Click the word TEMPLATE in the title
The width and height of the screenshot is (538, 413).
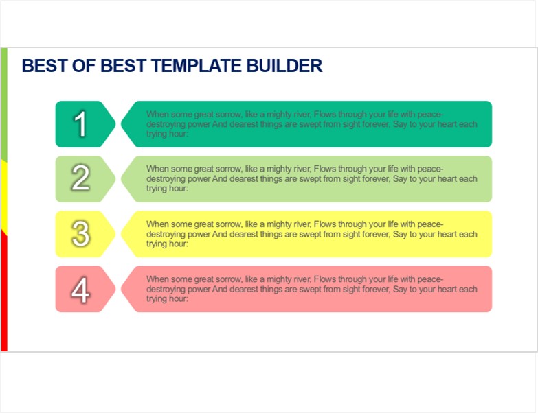[197, 66]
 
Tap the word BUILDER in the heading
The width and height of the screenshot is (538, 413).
[284, 66]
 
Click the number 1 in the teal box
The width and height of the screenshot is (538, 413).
[80, 124]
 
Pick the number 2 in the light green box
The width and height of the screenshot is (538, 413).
[80, 178]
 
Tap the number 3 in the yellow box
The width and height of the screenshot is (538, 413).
[81, 233]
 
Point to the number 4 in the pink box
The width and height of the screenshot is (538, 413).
[80, 290]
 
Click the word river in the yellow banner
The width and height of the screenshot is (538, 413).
[301, 224]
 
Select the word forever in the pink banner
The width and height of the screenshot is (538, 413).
[375, 289]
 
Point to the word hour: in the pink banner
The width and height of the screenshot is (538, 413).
[179, 298]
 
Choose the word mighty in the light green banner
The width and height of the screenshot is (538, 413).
[278, 169]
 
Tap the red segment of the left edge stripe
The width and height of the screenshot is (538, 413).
[4, 291]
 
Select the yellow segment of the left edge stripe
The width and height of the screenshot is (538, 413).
[4, 196]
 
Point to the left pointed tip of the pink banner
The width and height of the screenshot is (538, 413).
[122, 289]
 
